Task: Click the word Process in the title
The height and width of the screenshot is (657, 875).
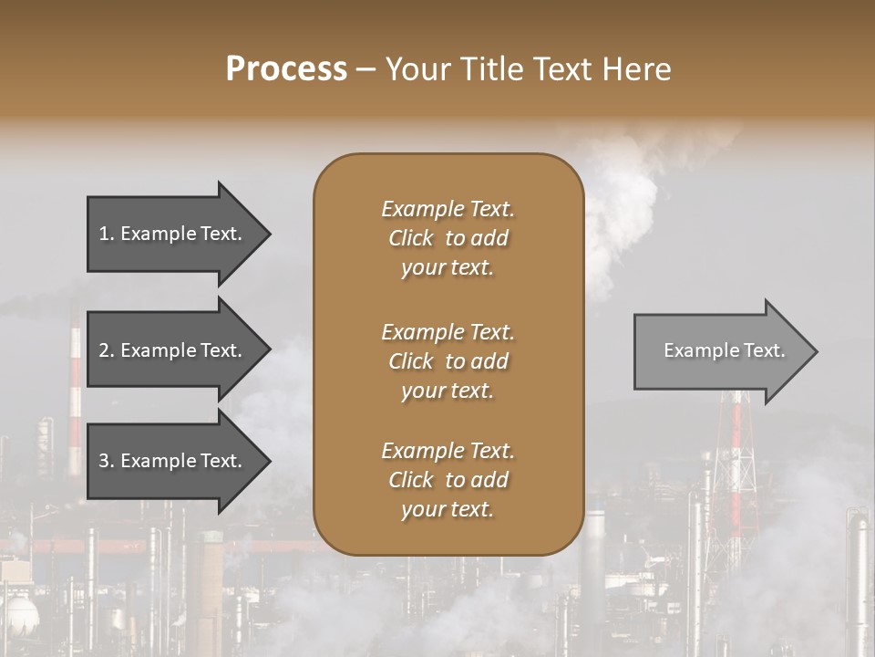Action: click(286, 69)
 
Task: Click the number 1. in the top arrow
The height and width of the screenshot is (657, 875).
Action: click(107, 234)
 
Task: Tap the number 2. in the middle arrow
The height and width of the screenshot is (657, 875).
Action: click(107, 350)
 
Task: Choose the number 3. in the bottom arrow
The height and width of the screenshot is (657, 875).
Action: click(107, 461)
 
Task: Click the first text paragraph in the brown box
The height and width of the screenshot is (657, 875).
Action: click(448, 238)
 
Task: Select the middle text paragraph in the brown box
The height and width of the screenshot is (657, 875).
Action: click(448, 361)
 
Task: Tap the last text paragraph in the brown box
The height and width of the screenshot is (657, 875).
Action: click(448, 480)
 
